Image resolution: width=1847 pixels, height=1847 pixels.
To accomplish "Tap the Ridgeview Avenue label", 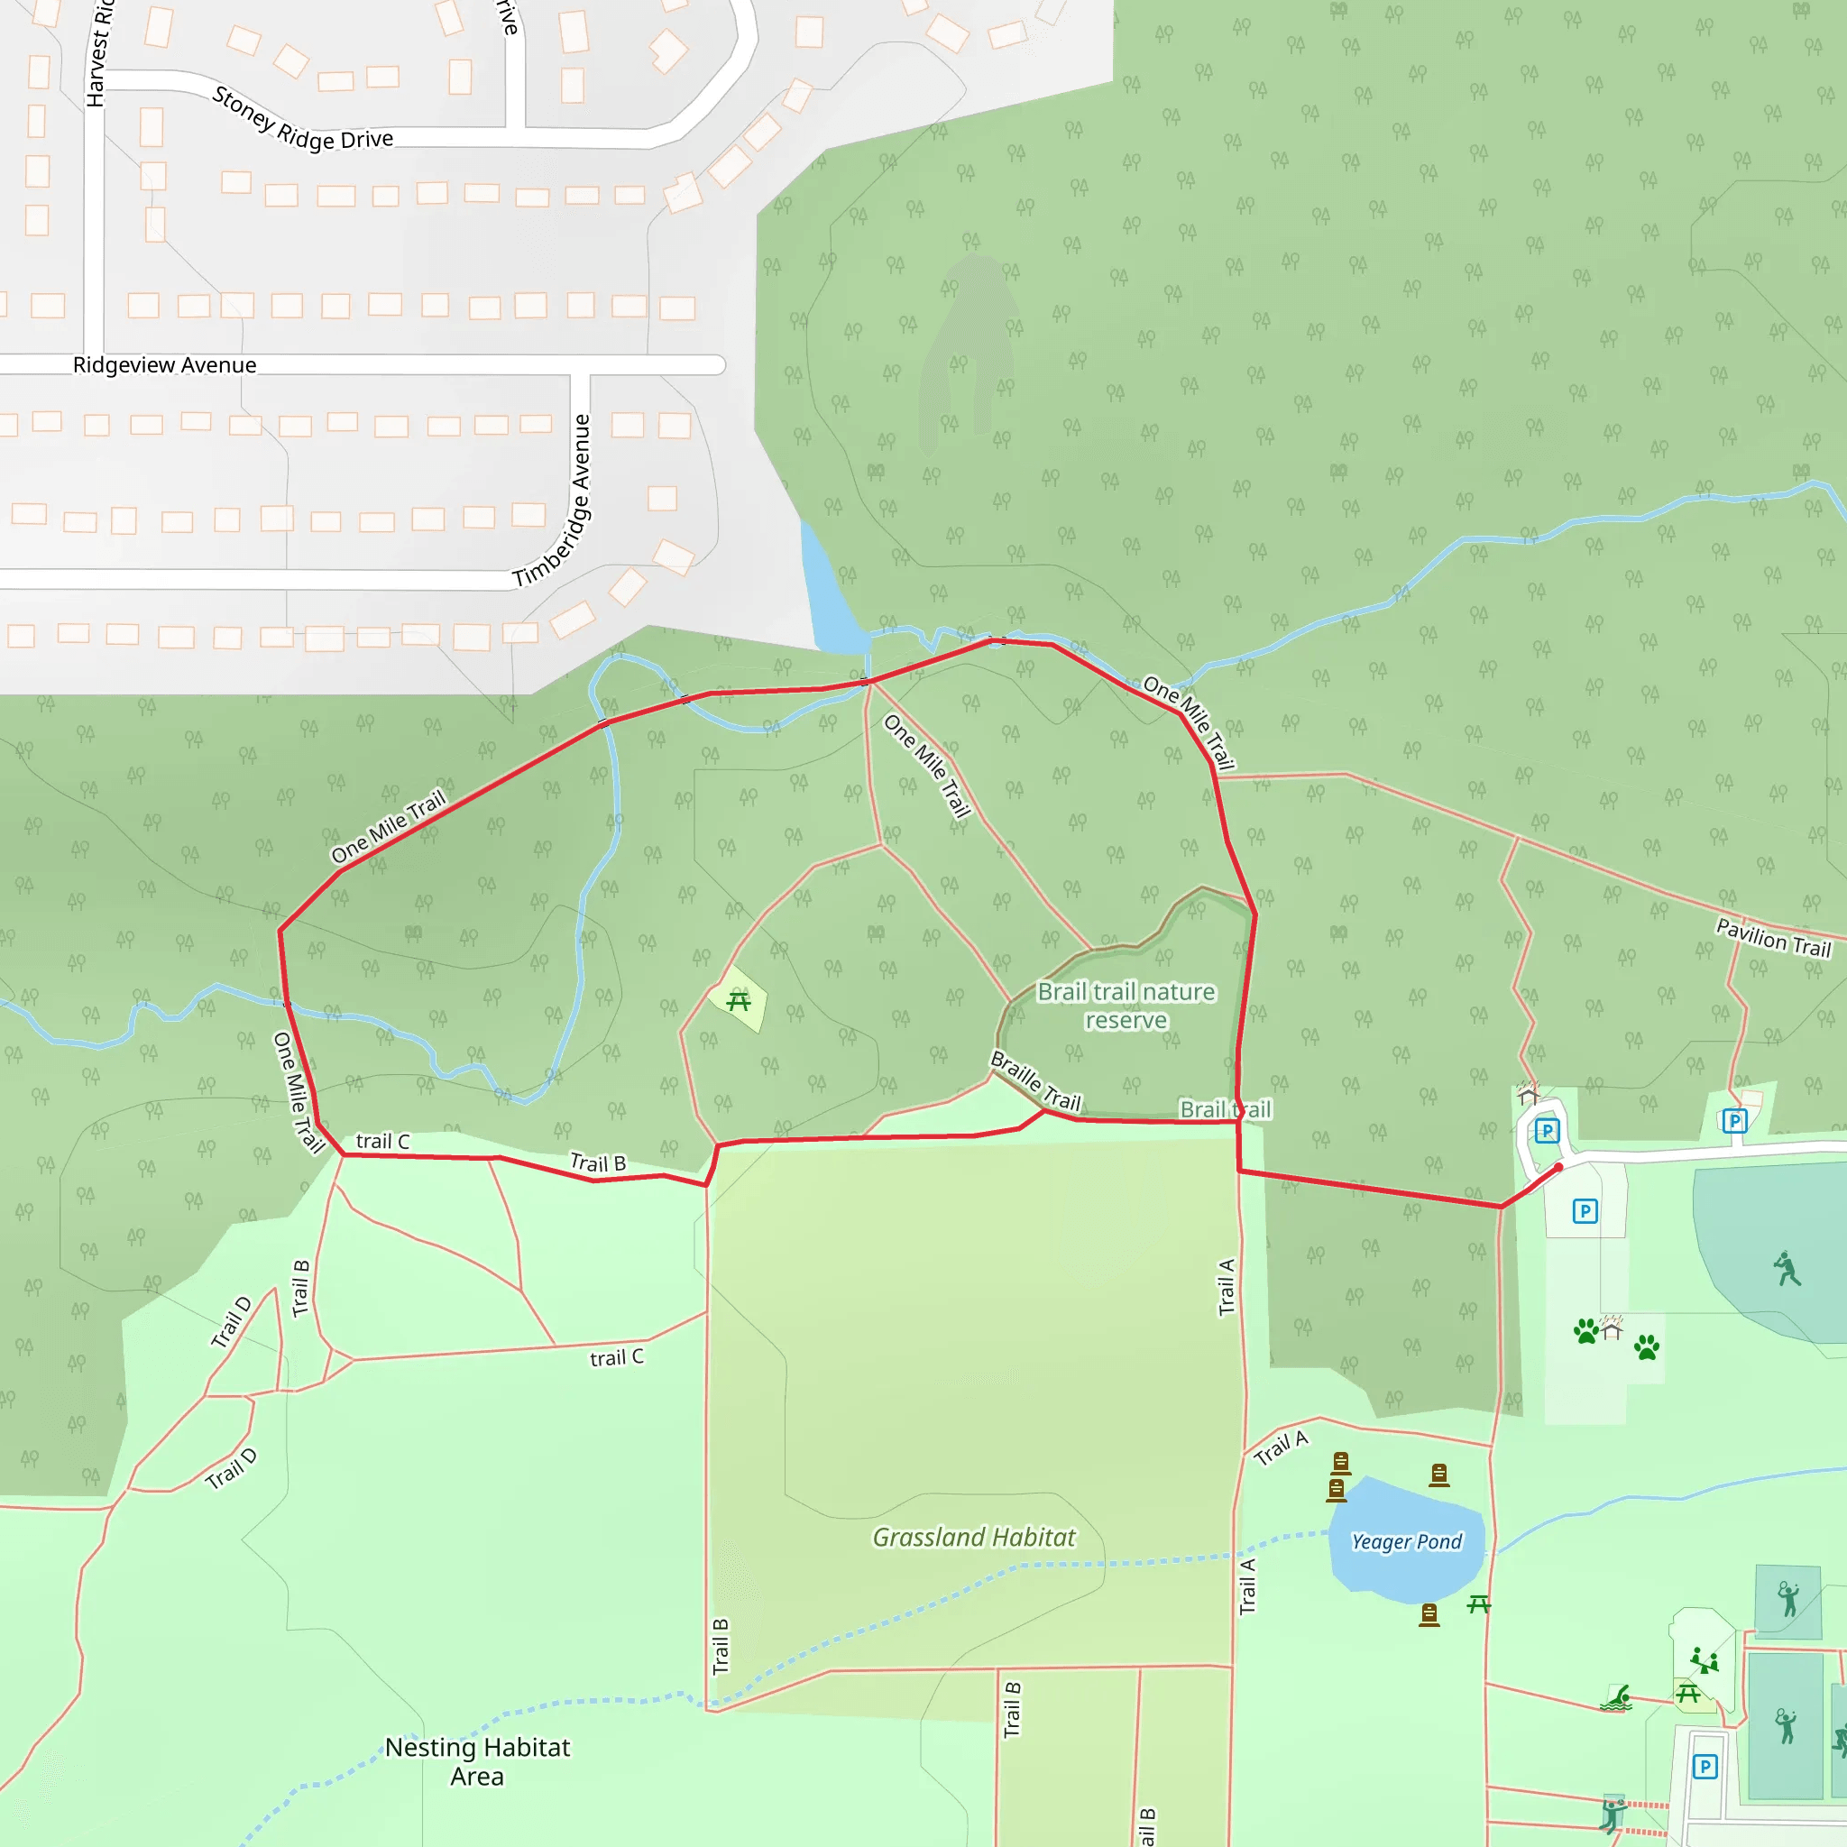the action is coord(164,365).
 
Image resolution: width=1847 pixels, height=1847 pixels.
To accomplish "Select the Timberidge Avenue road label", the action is coord(553,500).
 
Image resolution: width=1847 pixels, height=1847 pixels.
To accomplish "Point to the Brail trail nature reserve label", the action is coord(1126,1006).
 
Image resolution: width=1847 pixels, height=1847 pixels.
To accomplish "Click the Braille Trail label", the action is coord(1035,1081).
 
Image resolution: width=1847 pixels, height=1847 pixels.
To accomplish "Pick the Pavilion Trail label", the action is coord(1773,937).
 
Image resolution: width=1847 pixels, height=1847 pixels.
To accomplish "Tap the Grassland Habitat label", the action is coord(973,1538).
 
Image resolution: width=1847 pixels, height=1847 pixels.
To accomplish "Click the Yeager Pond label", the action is coord(1406,1542).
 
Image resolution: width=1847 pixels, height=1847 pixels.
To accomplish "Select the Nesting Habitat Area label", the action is coord(477,1761).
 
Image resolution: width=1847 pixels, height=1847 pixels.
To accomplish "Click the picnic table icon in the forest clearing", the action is coord(738,1001).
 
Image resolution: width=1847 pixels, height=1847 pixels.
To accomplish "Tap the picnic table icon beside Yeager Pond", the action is coord(1479,1604).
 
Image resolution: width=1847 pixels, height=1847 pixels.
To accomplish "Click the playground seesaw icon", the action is coord(1704,1660).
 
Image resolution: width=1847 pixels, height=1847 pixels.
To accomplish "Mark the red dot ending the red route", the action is coord(1558,1167).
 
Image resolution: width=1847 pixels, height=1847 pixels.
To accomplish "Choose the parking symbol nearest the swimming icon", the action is coord(1705,1767).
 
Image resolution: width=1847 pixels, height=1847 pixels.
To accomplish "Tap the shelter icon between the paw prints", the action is coord(1613,1328).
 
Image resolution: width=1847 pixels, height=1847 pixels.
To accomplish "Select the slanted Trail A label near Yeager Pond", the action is coord(1281,1447).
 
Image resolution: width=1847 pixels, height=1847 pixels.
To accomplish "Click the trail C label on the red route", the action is coord(382,1142).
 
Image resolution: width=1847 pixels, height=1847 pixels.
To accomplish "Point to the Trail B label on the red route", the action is coord(598,1162).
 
